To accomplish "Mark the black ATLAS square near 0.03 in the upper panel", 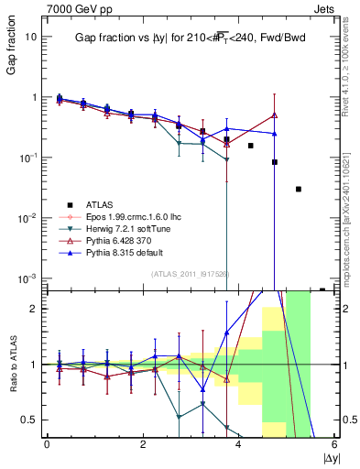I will pyautogui.click(x=298, y=189).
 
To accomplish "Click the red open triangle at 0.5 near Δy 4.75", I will pyautogui.click(x=274, y=115).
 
